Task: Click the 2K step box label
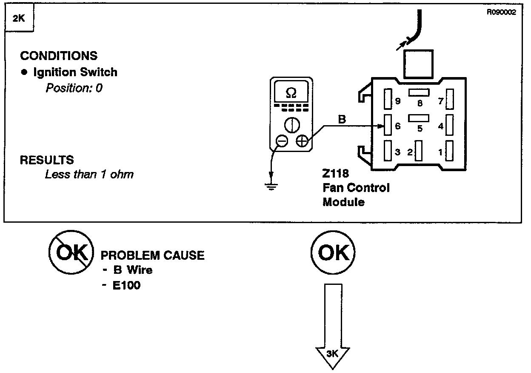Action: click(18, 19)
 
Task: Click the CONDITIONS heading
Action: click(59, 56)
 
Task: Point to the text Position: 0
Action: click(74, 88)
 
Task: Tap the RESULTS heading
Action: click(47, 160)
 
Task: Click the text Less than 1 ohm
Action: click(89, 174)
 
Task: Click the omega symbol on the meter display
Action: click(291, 92)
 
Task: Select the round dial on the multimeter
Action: click(291, 125)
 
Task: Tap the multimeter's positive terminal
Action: click(301, 141)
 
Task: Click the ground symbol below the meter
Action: click(271, 186)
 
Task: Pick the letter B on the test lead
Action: click(342, 120)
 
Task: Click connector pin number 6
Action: click(387, 126)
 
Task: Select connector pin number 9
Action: click(387, 100)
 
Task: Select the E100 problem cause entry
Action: click(126, 285)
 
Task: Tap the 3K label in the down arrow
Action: click(333, 354)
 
